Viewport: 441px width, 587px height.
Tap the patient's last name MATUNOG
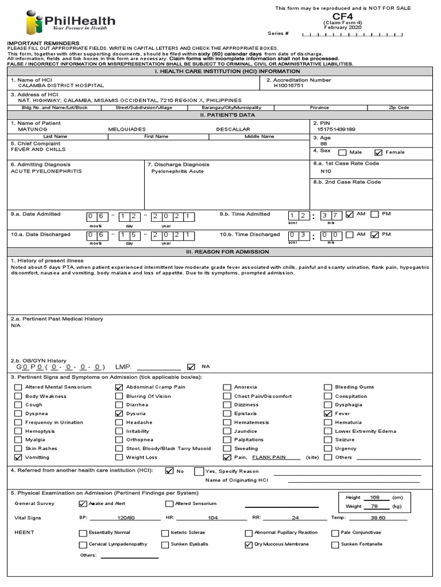tap(31, 130)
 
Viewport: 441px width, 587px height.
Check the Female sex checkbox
tap(378, 152)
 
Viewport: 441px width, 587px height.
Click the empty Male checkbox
tap(342, 152)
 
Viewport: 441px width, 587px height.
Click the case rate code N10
tap(326, 171)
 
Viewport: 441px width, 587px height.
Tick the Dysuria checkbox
tap(119, 413)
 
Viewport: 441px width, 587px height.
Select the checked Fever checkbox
tap(328, 413)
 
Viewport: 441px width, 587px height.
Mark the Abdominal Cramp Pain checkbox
tap(119, 387)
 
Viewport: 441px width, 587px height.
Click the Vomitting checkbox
tap(18, 457)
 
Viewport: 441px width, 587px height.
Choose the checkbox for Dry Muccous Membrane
tap(248, 544)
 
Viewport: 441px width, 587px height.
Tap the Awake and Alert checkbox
tap(82, 504)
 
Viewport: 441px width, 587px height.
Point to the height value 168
tap(376, 498)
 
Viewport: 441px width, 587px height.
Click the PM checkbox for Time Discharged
tap(375, 234)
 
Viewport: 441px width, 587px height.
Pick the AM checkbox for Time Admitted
tap(350, 214)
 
